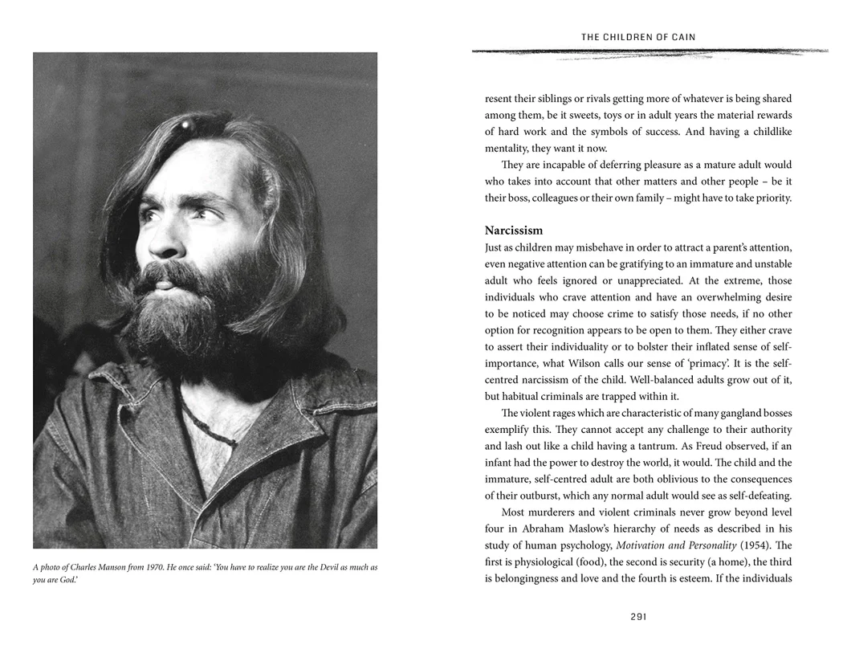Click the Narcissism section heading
(x=514, y=231)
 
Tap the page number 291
(x=638, y=617)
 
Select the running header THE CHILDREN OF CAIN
(x=638, y=37)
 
